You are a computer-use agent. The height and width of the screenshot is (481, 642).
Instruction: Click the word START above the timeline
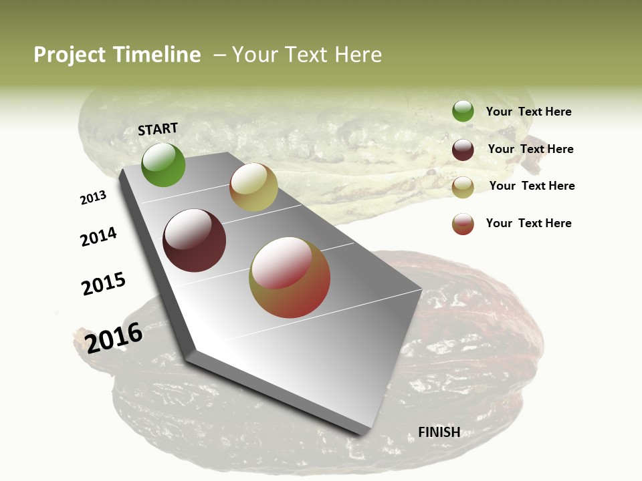point(158,129)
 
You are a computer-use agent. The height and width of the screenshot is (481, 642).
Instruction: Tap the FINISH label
point(439,432)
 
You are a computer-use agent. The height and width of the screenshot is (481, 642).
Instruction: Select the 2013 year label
point(93,198)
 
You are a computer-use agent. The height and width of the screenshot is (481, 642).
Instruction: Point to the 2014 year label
point(98,237)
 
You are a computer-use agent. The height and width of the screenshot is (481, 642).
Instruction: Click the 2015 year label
point(104,284)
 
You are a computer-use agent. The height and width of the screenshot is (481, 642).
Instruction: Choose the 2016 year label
point(114,337)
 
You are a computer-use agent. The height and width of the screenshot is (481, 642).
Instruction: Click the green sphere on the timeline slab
point(163,165)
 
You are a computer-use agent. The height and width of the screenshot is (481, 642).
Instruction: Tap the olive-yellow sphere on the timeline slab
point(253,187)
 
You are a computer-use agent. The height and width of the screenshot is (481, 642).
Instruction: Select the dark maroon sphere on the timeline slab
point(194,240)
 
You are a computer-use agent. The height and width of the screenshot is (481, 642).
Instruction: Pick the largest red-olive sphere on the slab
point(290,277)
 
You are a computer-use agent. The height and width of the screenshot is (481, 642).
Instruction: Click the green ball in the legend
point(463,112)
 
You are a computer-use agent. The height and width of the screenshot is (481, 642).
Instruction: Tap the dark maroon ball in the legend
point(463,150)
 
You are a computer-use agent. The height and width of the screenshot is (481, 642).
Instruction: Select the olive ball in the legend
point(463,187)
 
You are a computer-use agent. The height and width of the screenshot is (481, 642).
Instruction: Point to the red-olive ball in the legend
point(463,224)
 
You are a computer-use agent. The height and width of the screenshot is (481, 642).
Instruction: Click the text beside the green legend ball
point(528,112)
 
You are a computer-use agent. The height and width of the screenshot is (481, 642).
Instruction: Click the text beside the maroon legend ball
point(530,149)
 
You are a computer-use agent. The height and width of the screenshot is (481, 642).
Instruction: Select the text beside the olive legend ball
point(532,186)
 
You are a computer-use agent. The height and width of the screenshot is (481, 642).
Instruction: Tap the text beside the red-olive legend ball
point(528,223)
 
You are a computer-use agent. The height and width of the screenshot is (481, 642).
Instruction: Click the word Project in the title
point(69,55)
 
